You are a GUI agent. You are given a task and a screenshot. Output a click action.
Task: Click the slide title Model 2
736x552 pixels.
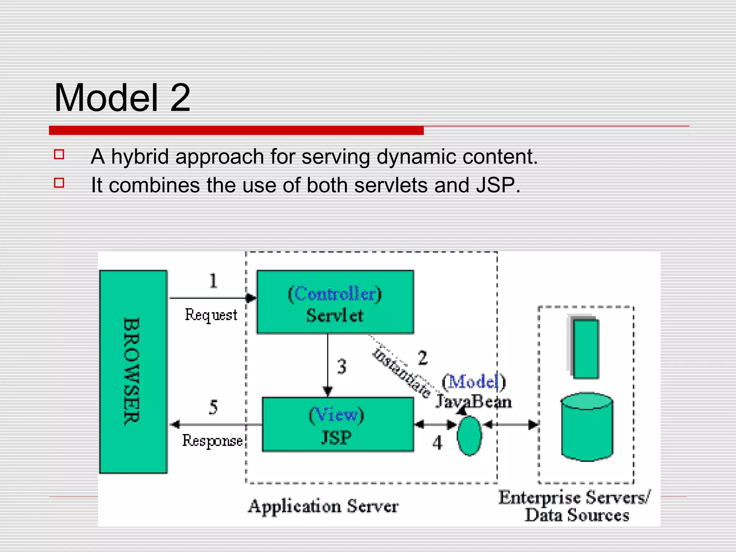click(x=122, y=98)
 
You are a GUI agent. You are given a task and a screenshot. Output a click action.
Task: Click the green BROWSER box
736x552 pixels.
click(x=133, y=372)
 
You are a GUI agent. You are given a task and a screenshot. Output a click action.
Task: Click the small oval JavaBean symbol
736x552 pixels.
click(x=469, y=436)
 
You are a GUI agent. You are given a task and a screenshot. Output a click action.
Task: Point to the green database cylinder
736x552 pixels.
click(x=587, y=428)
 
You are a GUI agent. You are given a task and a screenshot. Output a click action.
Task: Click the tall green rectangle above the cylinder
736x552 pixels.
click(x=585, y=349)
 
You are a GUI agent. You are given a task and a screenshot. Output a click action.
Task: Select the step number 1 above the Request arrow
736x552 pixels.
click(x=213, y=281)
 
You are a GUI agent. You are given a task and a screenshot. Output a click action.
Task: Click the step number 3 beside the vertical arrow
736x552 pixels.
click(x=341, y=367)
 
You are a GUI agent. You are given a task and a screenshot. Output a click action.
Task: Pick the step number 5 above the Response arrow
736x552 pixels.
click(x=213, y=408)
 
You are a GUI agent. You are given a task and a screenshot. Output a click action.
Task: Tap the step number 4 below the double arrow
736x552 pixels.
click(x=437, y=443)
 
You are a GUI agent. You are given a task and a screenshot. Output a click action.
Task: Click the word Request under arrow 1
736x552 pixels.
click(x=211, y=315)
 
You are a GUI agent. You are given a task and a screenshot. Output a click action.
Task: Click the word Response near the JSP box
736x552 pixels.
click(x=212, y=441)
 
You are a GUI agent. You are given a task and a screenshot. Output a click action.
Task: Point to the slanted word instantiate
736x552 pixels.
click(x=402, y=374)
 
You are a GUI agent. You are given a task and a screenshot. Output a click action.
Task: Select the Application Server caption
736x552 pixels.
click(x=323, y=506)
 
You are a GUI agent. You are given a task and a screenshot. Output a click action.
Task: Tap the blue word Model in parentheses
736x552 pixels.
click(x=474, y=382)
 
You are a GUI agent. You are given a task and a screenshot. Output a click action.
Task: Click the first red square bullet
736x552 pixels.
click(x=59, y=155)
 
